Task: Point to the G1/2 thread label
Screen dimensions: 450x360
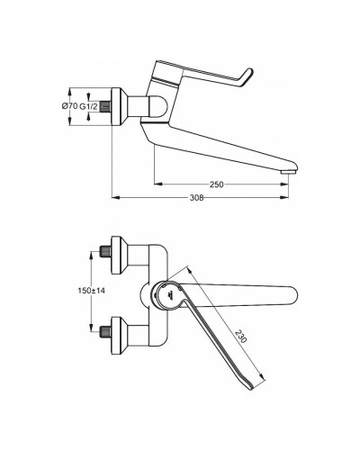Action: point(87,107)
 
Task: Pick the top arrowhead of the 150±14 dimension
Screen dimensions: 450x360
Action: point(92,253)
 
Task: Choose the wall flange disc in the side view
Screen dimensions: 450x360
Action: point(117,107)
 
